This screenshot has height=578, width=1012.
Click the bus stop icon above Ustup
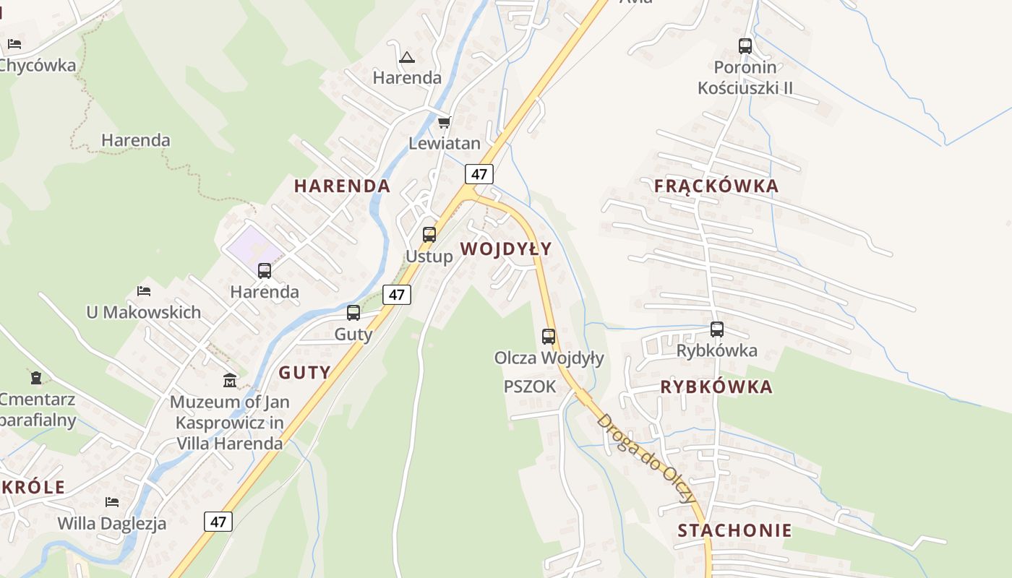(x=429, y=234)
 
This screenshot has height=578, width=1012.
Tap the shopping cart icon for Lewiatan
(x=444, y=121)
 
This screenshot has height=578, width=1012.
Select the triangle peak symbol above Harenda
(x=407, y=56)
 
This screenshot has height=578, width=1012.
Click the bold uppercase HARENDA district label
(x=342, y=186)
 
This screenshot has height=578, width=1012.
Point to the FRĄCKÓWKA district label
(x=716, y=186)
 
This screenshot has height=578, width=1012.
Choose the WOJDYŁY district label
(x=505, y=249)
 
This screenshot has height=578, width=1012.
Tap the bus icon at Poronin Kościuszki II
(x=745, y=46)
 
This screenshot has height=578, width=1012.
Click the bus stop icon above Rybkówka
(x=717, y=329)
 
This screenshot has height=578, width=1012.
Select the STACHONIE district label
(x=734, y=530)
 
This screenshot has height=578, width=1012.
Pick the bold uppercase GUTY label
(x=304, y=373)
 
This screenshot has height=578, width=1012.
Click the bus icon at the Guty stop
(x=353, y=313)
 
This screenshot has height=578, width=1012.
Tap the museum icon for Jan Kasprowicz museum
(x=230, y=380)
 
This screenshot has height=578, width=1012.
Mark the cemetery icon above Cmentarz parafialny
(x=36, y=377)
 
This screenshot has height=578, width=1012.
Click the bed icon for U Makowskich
(x=144, y=291)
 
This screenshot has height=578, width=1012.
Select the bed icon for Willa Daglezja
(x=112, y=501)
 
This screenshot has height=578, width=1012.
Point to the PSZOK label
(x=530, y=387)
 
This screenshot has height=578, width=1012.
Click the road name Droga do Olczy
(x=646, y=458)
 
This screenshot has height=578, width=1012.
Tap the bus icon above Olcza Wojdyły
(x=549, y=336)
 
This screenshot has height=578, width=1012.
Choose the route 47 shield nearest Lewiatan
(x=479, y=173)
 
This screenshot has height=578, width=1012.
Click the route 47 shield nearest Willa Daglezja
(x=218, y=521)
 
